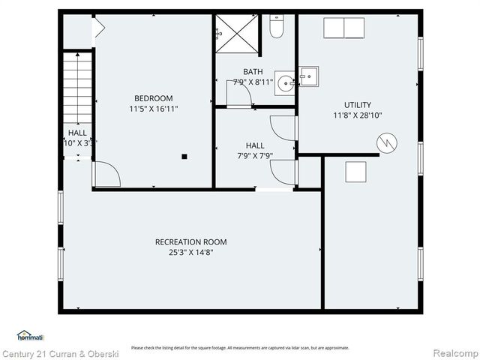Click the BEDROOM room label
click(153, 98)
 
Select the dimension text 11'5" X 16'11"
click(153, 109)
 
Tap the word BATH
click(253, 72)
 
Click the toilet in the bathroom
click(276, 28)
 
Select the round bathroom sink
click(285, 83)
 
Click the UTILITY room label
click(357, 105)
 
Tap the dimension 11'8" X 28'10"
click(357, 115)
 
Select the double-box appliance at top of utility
click(343, 28)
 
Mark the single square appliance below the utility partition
click(355, 172)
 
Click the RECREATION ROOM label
click(190, 242)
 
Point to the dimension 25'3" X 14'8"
click(190, 253)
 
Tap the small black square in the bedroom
click(184, 156)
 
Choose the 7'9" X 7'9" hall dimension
click(254, 156)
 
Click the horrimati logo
click(30, 335)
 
